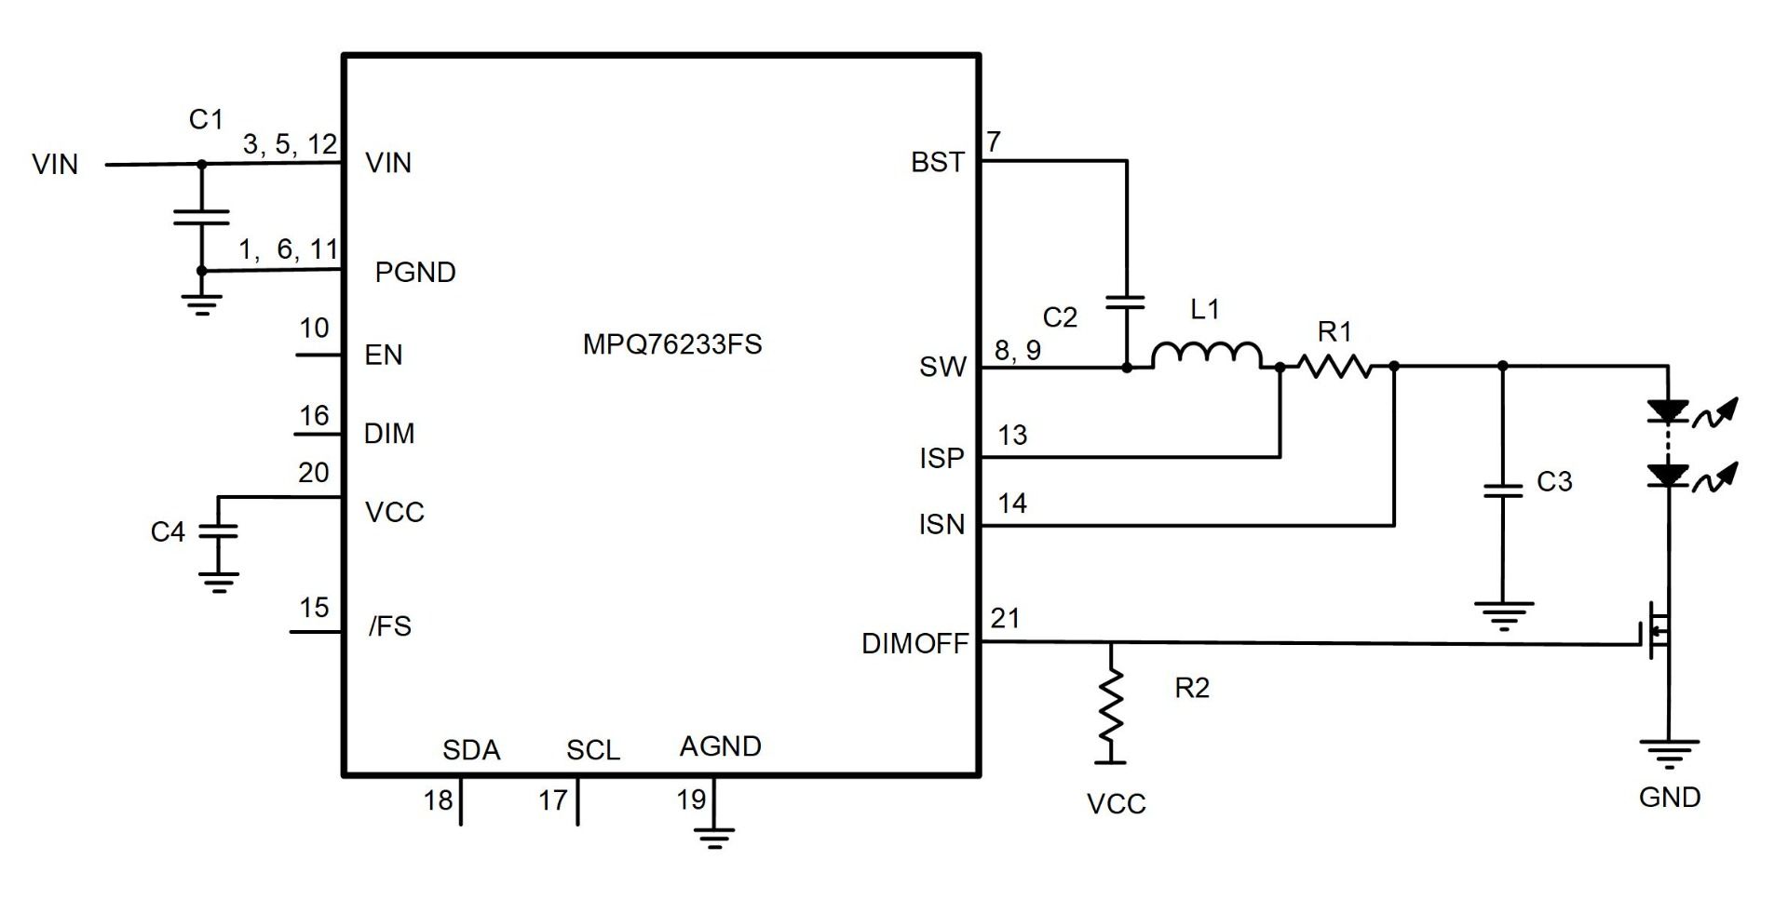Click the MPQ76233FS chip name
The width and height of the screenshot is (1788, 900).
pos(672,344)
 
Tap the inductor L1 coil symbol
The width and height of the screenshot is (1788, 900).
pos(1207,356)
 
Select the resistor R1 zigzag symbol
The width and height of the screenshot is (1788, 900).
pos(1336,367)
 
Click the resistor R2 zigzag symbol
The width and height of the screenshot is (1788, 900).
pos(1110,705)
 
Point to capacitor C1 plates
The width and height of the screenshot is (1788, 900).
pos(201,217)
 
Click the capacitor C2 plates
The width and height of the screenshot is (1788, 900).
pos(1126,302)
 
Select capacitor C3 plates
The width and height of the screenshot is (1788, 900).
pos(1502,490)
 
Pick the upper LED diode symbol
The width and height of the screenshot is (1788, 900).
pos(1668,410)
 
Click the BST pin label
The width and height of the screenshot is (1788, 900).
pos(938,163)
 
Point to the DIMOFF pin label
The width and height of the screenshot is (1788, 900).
pos(914,644)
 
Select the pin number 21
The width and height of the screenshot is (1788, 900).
pos(1005,618)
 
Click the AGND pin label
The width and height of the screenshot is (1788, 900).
pos(720,746)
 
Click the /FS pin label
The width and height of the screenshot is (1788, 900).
pos(390,626)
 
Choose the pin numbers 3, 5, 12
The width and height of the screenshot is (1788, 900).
pos(290,144)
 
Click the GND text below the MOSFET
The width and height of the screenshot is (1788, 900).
pos(1670,798)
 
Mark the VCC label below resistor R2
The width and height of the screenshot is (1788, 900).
pos(1116,804)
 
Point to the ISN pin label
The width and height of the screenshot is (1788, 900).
pos(941,525)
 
